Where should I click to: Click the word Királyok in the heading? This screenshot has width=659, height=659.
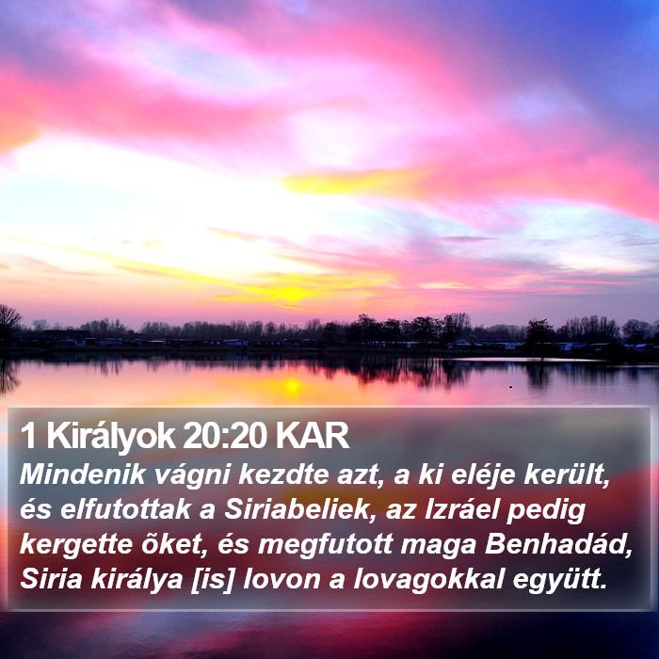click(x=110, y=437)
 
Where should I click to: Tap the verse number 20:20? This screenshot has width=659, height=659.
click(x=225, y=436)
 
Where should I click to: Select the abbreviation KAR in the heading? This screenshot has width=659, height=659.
click(x=313, y=436)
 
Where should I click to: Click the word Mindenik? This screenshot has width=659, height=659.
click(x=83, y=474)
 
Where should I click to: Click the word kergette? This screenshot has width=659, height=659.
click(x=76, y=545)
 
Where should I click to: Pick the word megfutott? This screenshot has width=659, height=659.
click(x=325, y=545)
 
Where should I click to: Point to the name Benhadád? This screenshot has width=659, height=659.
click(x=558, y=544)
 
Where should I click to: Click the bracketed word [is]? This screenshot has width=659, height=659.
click(x=212, y=580)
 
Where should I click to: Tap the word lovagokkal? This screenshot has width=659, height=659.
click(x=428, y=580)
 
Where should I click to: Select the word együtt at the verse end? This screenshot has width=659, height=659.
click(x=560, y=580)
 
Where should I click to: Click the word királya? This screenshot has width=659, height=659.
click(x=137, y=580)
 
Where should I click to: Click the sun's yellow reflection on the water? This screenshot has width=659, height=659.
click(x=292, y=387)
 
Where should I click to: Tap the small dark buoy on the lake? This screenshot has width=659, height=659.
click(x=510, y=386)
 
